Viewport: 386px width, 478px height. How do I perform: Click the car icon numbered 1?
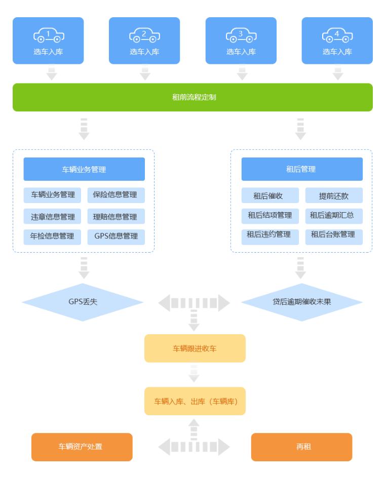click(x=49, y=35)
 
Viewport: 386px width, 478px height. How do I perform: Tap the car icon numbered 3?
click(x=241, y=35)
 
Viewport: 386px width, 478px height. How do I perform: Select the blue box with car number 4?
click(x=337, y=41)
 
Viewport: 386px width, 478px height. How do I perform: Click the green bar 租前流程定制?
click(x=192, y=97)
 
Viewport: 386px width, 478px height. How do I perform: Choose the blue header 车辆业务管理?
click(x=84, y=169)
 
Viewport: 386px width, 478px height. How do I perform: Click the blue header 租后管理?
click(x=302, y=169)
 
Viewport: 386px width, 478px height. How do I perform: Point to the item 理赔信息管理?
click(x=115, y=216)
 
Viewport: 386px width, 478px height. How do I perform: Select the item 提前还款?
click(x=334, y=195)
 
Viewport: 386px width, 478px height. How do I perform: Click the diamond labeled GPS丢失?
click(x=83, y=302)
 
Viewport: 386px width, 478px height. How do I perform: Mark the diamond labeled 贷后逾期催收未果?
click(x=302, y=302)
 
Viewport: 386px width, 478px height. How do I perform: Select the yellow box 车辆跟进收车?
click(x=195, y=348)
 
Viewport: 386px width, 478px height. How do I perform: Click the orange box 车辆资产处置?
click(x=82, y=447)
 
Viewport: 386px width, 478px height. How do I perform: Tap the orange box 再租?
click(x=302, y=447)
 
